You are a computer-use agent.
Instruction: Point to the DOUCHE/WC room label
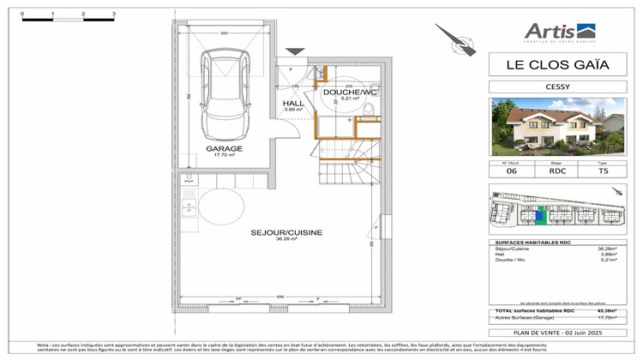(x=350, y=92)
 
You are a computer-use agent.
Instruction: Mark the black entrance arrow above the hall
(x=295, y=52)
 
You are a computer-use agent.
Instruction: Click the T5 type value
(x=602, y=171)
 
